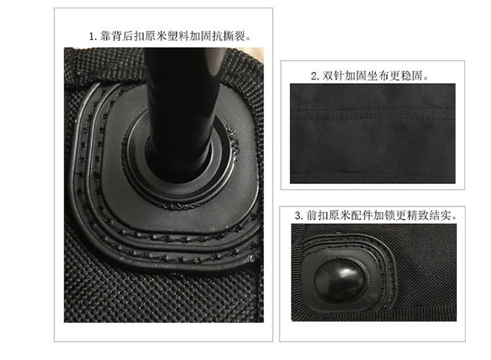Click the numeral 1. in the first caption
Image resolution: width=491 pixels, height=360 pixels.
point(94,37)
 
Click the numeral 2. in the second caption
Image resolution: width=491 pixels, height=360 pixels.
point(315,76)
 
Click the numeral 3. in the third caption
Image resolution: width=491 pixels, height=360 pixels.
point(299,216)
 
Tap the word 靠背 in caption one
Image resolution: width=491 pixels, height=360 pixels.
point(111,36)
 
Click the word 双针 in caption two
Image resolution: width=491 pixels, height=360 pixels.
point(333,76)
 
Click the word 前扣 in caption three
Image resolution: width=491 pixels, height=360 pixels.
point(317,215)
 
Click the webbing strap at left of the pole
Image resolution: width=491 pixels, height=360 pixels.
point(104,66)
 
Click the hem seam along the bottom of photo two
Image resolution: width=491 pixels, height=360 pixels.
point(373,173)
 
